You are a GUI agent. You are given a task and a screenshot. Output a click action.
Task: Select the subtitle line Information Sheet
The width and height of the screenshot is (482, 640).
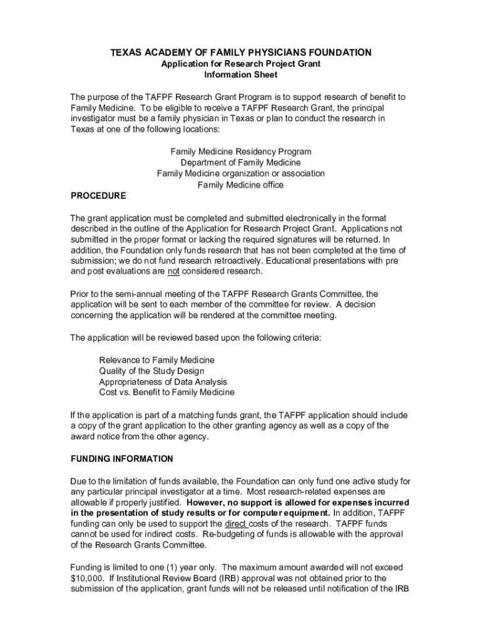pyautogui.click(x=241, y=75)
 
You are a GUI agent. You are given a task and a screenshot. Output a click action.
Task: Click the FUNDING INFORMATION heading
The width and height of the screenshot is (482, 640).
pyautogui.click(x=121, y=459)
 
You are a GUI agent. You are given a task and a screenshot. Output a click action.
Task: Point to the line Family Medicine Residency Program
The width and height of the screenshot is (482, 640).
pyautogui.click(x=241, y=152)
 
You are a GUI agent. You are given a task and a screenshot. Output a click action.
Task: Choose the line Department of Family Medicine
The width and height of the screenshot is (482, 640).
pyautogui.click(x=241, y=162)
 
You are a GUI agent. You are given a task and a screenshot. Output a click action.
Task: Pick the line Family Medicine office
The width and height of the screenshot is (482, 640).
pyautogui.click(x=241, y=185)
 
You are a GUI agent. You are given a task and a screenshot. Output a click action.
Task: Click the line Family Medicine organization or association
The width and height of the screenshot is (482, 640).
pyautogui.click(x=241, y=174)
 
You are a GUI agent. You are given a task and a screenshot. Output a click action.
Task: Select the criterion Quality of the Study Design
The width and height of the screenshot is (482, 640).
pyautogui.click(x=151, y=371)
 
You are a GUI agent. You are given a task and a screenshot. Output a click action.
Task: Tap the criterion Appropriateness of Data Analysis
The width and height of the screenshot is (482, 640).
pyautogui.click(x=163, y=382)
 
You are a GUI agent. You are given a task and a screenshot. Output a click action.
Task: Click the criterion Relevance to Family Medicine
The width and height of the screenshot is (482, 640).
pyautogui.click(x=156, y=361)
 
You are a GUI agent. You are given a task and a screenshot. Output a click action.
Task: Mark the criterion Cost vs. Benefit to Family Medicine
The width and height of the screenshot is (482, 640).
pyautogui.click(x=167, y=392)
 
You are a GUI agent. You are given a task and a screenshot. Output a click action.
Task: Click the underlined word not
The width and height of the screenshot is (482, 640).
pyautogui.click(x=173, y=272)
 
